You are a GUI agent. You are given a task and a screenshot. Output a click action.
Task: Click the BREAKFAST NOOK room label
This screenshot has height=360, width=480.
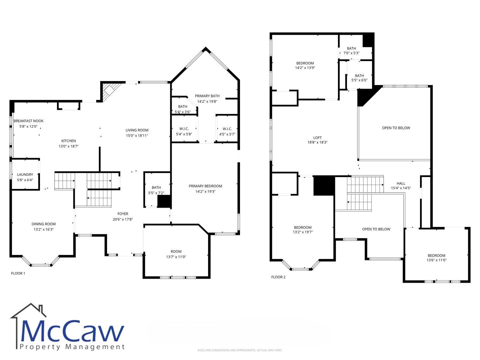point(28,121)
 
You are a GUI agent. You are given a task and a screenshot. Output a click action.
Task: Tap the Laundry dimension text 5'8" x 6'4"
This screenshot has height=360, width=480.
point(25,180)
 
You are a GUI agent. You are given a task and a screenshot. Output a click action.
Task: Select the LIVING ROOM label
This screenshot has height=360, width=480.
point(137,130)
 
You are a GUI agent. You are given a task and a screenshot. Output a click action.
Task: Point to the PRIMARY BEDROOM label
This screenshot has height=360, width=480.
point(205,186)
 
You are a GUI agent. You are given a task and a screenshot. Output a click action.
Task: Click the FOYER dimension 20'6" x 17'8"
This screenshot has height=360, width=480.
point(123,219)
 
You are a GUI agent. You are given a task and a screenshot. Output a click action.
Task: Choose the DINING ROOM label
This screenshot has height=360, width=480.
point(44,224)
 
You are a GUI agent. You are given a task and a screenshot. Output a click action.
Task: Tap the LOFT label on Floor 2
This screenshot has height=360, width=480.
point(317,138)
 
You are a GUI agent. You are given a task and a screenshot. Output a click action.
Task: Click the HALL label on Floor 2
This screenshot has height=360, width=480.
point(401,183)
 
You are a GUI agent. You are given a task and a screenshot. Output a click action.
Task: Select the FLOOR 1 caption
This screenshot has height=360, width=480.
point(18,273)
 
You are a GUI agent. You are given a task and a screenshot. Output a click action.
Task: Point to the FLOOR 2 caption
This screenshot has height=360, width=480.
point(278,277)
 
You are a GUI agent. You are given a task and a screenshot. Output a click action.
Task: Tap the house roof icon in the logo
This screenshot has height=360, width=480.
point(28,310)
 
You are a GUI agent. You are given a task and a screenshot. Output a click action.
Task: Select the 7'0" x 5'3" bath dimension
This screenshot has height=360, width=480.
point(351,53)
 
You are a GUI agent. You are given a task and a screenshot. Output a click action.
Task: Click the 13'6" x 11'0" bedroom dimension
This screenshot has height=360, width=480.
point(436,260)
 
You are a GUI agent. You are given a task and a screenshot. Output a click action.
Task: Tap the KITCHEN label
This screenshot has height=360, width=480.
point(68,141)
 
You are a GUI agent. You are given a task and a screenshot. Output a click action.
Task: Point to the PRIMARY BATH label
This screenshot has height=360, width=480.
point(207,96)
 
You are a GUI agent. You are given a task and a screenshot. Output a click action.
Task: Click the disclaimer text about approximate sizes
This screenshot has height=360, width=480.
point(240,350)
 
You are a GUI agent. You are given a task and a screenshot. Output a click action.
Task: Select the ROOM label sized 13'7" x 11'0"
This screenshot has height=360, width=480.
point(176,251)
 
